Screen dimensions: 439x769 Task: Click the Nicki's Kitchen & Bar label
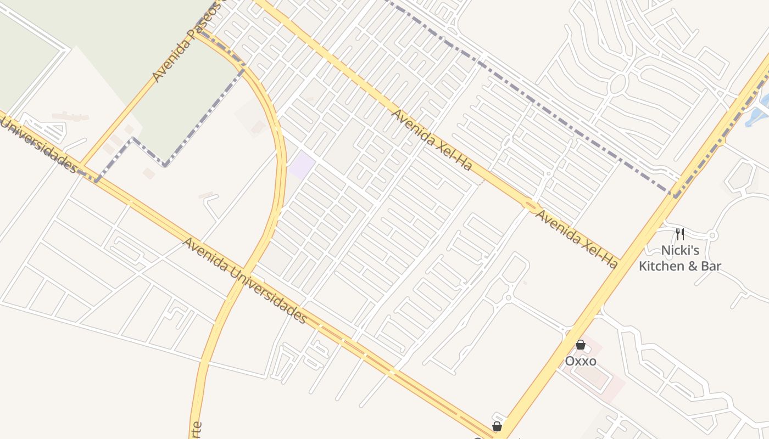pos(679,258)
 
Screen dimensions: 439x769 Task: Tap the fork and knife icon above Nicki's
pos(680,234)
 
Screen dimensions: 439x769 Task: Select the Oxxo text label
pos(580,362)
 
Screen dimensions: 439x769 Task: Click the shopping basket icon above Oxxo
pos(580,345)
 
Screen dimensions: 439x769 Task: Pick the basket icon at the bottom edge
pos(497,426)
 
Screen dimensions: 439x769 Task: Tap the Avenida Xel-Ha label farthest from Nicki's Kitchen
pos(431,139)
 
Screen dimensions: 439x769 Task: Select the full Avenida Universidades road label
pos(244,280)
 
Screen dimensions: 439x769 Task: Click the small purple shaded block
pos(302,165)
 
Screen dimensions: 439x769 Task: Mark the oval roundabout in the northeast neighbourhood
pos(618,84)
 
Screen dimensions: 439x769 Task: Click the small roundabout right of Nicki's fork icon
pos(712,236)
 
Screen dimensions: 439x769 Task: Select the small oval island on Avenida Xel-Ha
pos(531,206)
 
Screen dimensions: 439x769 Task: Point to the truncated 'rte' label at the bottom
pos(197,430)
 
